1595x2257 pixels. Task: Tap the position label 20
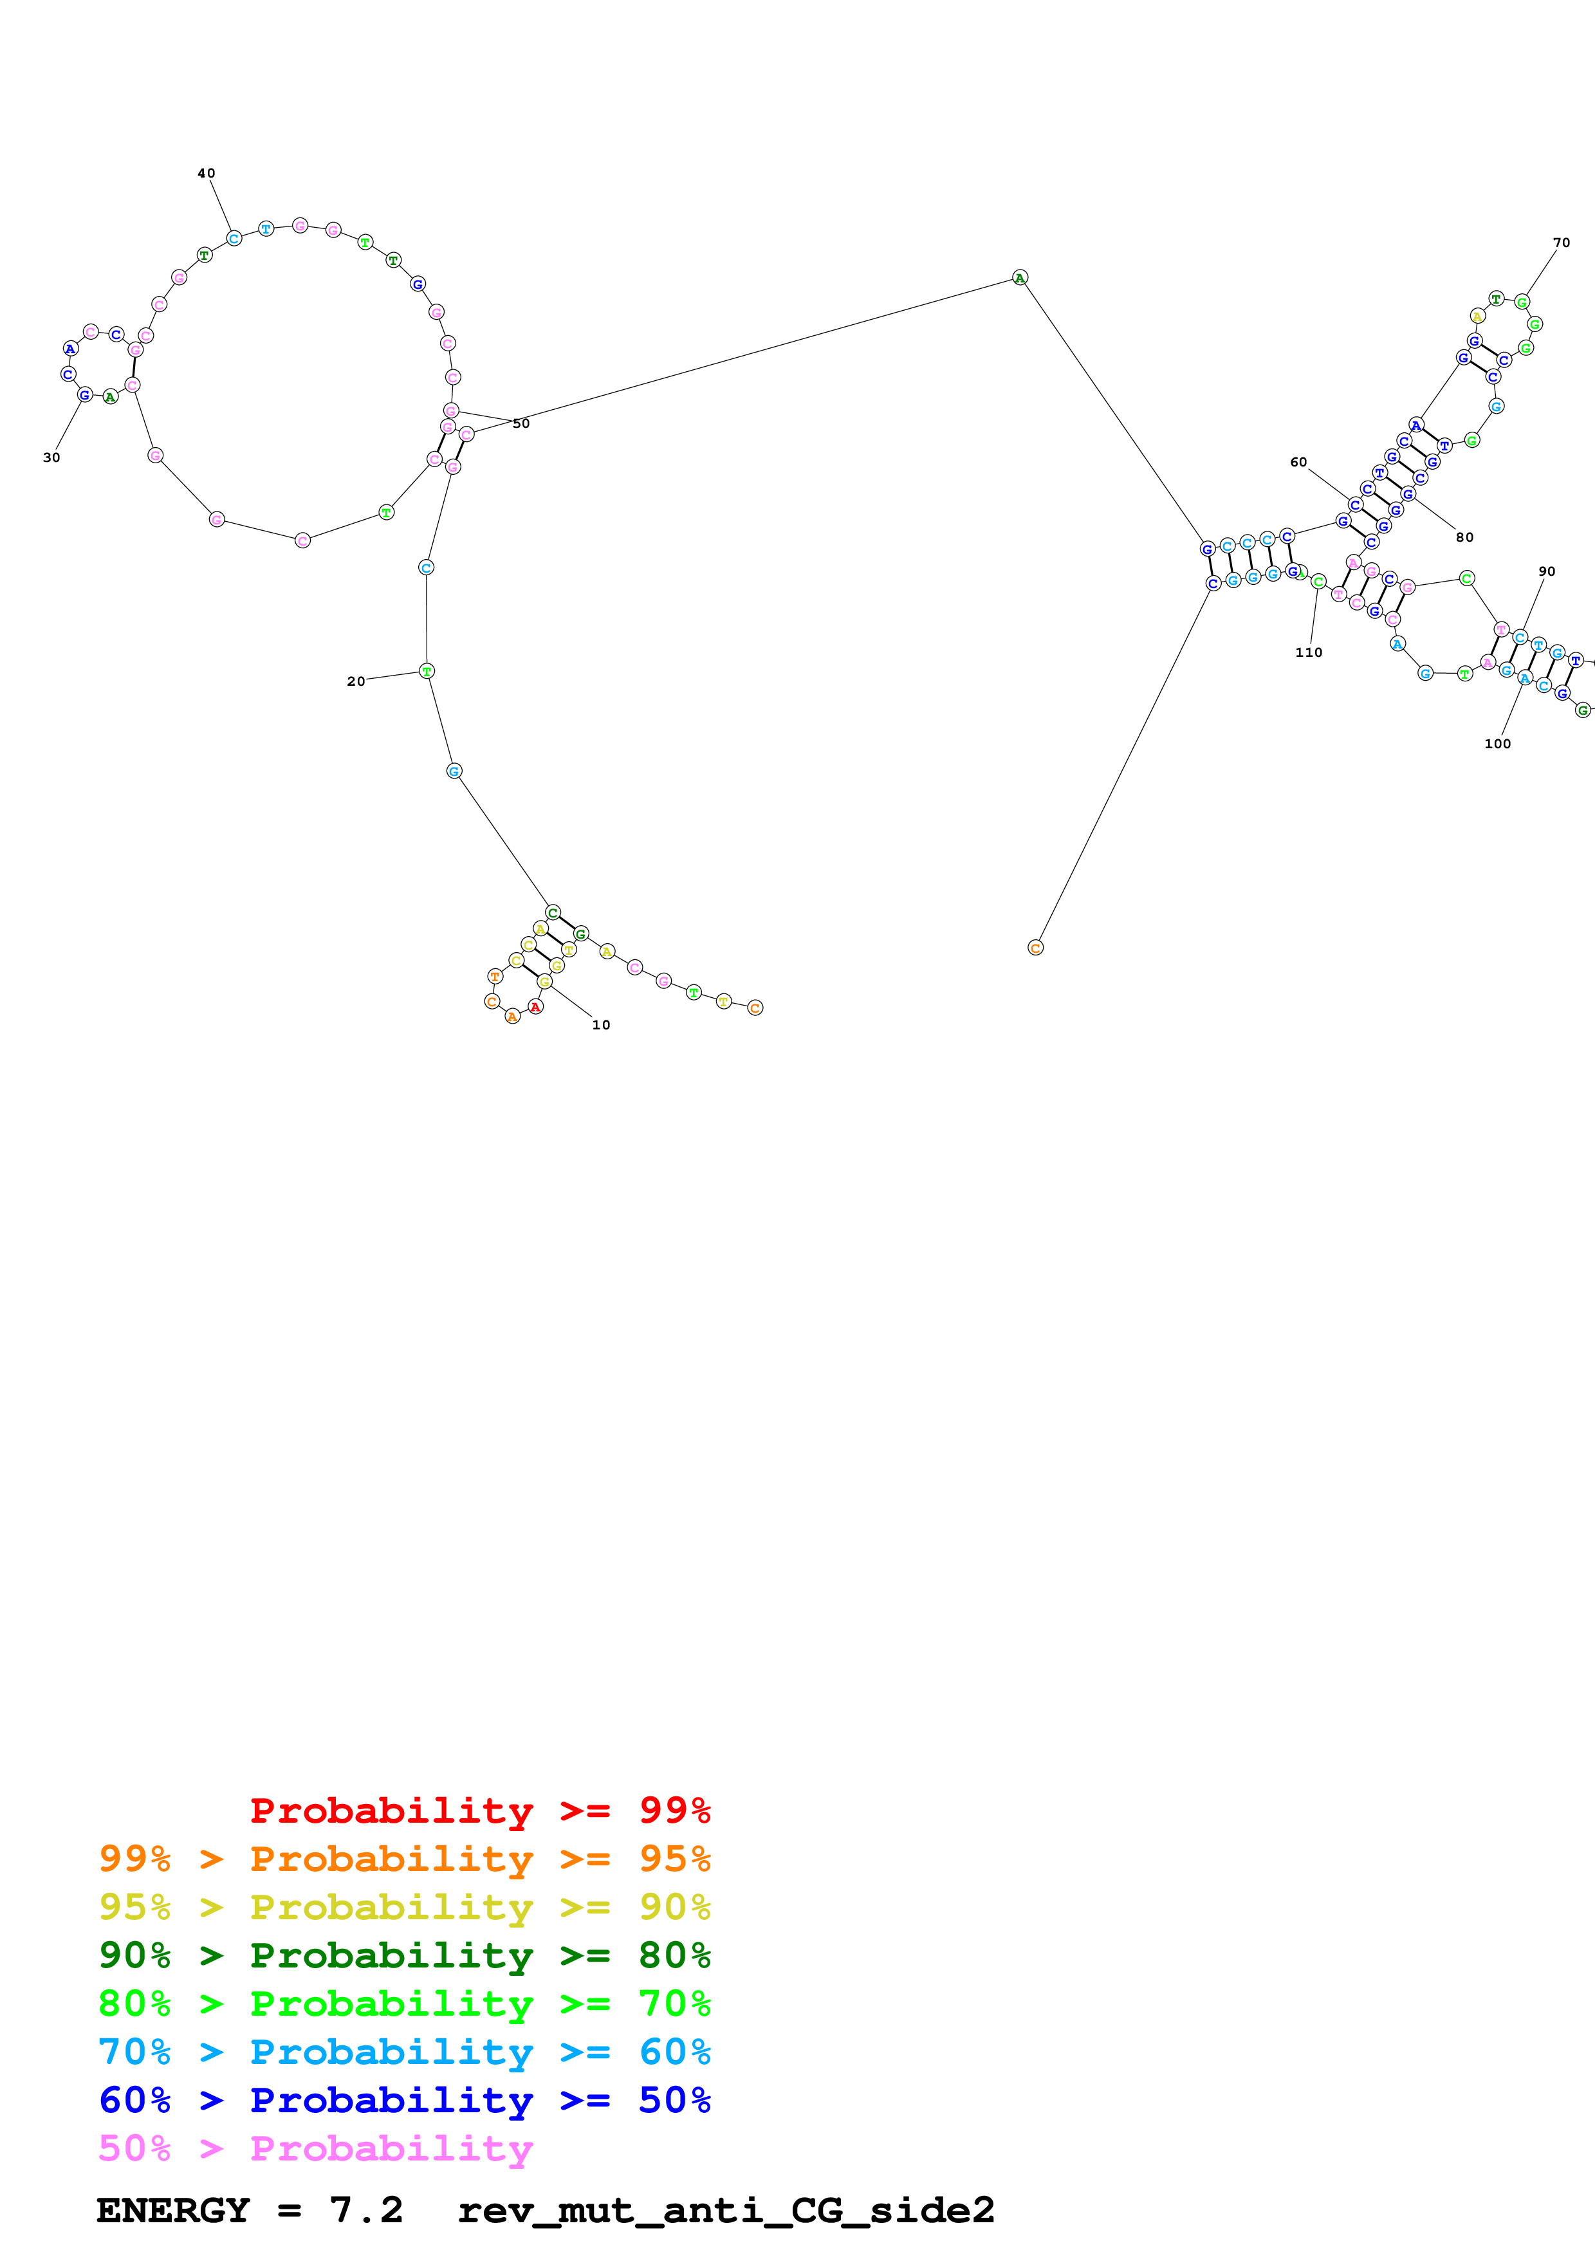(x=356, y=681)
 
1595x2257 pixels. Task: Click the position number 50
(x=521, y=424)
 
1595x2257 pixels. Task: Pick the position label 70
(x=1562, y=242)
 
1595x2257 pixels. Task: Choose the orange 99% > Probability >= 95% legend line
(x=404, y=1858)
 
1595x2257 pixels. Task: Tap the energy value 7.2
(x=365, y=2210)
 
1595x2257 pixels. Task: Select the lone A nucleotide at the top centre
(x=1020, y=278)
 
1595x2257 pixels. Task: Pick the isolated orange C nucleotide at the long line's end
(x=1035, y=948)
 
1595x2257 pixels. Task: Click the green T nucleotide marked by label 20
(x=427, y=672)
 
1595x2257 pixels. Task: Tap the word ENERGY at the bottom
(x=173, y=2210)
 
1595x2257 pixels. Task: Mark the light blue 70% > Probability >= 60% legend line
(x=404, y=2052)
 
